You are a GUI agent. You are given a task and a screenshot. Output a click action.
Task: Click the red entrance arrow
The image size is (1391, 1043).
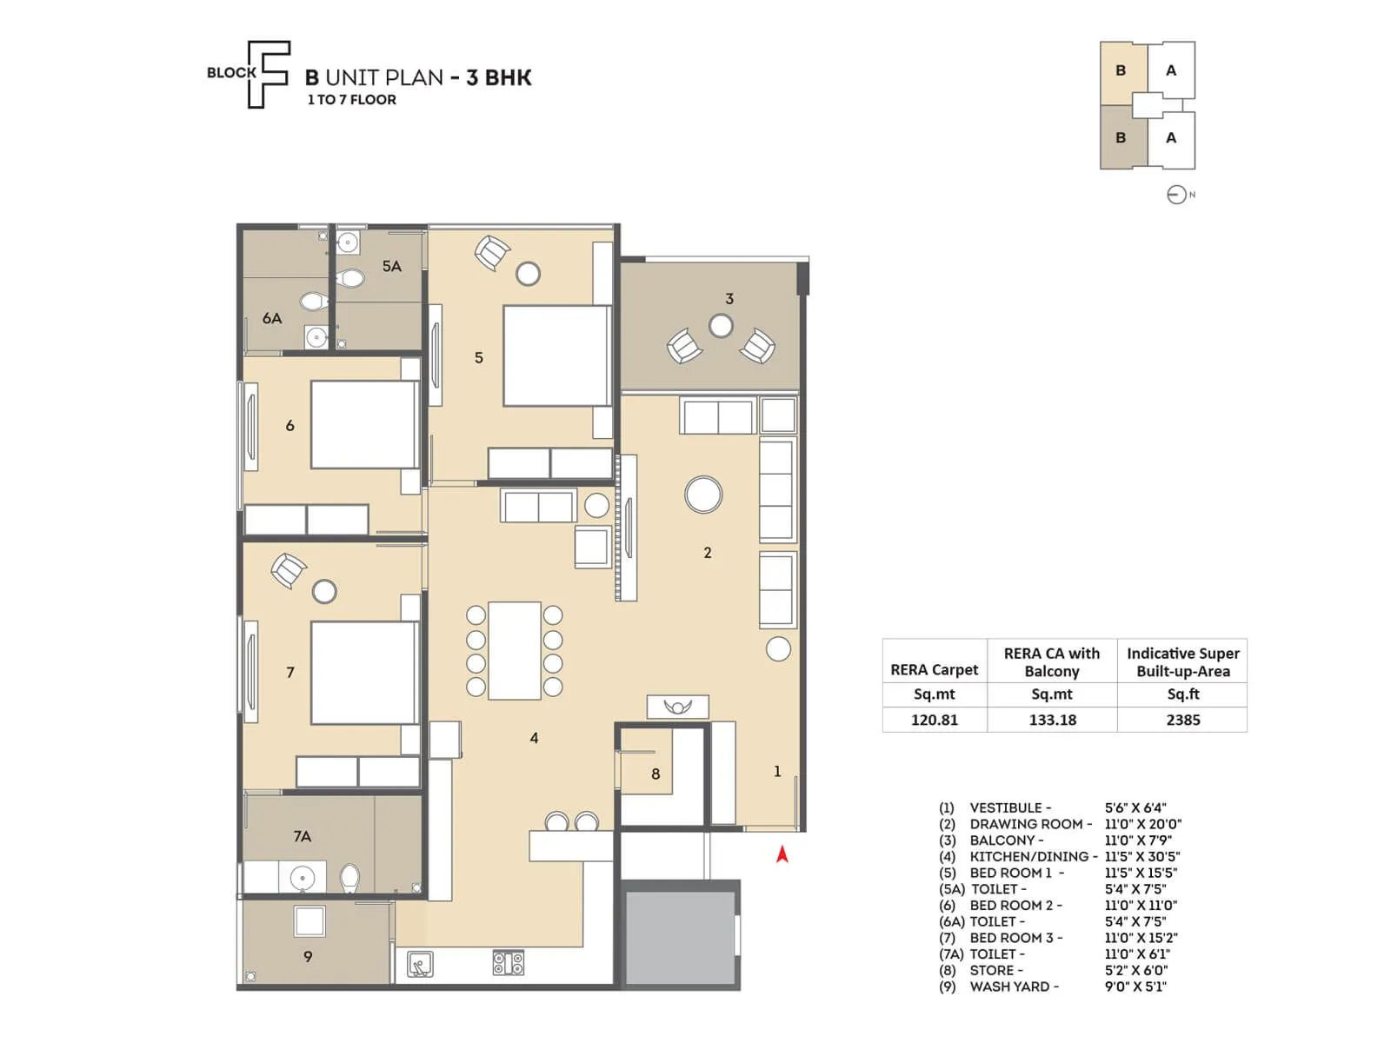point(782,854)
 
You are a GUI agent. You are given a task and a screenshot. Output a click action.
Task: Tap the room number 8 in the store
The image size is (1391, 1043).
point(656,774)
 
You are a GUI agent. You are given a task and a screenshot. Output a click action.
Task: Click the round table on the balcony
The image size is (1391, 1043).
point(720,326)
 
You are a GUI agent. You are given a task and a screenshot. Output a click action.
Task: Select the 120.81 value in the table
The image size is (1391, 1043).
point(934,720)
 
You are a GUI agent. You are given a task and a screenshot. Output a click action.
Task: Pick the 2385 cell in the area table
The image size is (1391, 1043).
point(1182,720)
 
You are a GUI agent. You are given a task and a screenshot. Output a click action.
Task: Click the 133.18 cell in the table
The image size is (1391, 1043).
point(1052,720)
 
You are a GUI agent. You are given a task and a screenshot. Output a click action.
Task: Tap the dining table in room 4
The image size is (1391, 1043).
point(514,650)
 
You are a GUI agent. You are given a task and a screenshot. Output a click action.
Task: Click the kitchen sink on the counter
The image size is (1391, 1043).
point(421,964)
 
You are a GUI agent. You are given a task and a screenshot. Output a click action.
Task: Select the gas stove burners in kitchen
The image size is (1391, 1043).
point(508,962)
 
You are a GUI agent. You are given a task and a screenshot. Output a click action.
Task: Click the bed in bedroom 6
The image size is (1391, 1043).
point(363,425)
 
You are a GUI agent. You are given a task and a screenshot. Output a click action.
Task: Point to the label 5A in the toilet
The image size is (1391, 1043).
point(392,266)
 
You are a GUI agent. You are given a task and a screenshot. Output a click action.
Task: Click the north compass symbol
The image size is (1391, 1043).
point(1176,195)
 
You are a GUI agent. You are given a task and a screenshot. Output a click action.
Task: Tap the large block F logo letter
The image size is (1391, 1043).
point(267,75)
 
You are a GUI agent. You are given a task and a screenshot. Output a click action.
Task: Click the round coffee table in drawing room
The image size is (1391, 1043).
point(702,495)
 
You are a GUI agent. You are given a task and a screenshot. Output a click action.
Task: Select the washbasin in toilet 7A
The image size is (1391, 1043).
point(302,877)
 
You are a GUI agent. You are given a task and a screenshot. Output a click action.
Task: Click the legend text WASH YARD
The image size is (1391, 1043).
point(1014,987)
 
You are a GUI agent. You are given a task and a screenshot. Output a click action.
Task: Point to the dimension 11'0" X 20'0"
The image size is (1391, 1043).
point(1142,824)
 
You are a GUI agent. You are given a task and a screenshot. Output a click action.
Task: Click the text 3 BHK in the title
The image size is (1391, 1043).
point(498,77)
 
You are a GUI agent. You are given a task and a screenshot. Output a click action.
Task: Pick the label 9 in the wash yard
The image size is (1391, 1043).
point(308,956)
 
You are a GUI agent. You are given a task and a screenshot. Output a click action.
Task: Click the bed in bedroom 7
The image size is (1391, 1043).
point(363,673)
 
